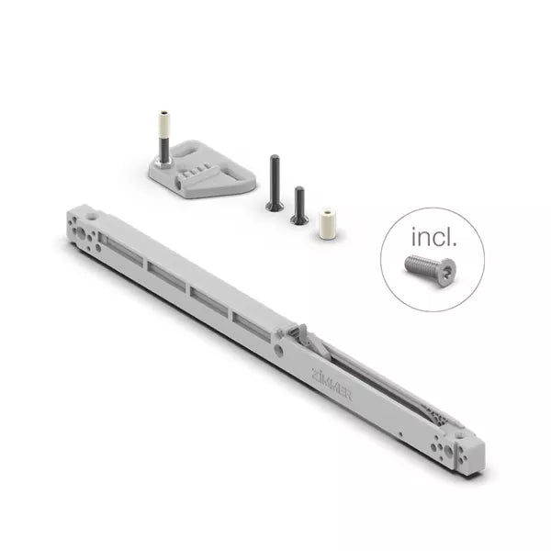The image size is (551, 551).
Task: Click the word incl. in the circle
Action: [x=434, y=237]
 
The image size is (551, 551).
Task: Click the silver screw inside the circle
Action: [x=430, y=271]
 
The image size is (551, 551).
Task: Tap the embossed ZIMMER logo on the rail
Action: [x=332, y=384]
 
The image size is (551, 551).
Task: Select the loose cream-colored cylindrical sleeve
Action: [x=327, y=223]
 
